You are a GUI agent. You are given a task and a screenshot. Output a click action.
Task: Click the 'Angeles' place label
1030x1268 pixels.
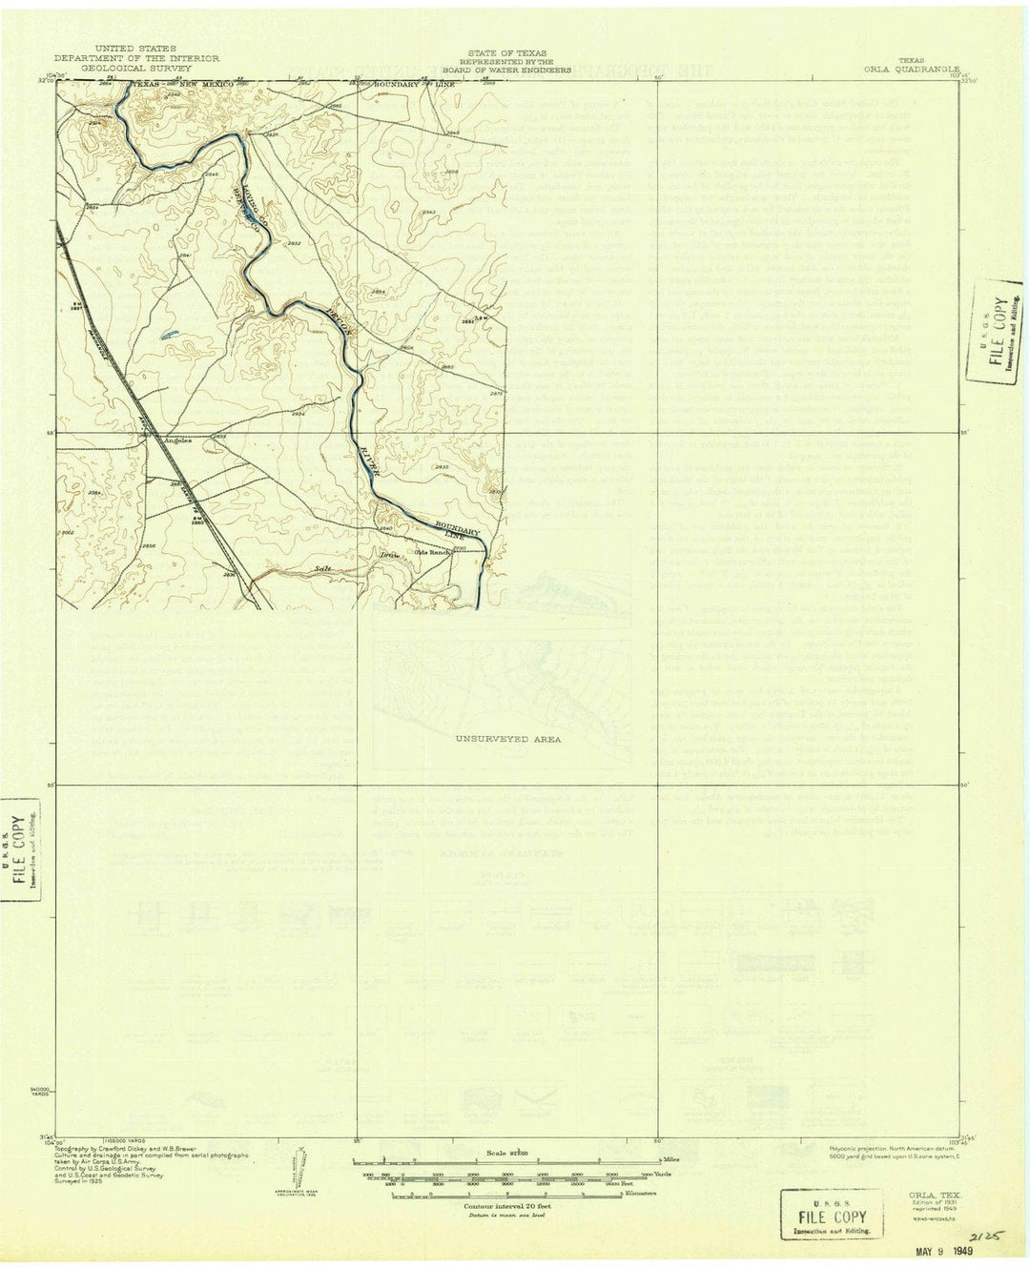[x=177, y=440]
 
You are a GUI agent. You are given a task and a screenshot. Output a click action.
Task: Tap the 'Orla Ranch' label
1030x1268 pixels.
[x=432, y=552]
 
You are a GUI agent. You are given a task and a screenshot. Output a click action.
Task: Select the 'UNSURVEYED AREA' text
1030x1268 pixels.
[x=507, y=738]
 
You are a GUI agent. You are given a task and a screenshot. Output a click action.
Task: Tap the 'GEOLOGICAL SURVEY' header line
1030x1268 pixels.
[x=136, y=69]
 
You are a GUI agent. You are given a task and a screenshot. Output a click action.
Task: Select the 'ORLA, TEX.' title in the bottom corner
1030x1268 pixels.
[x=931, y=1194]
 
